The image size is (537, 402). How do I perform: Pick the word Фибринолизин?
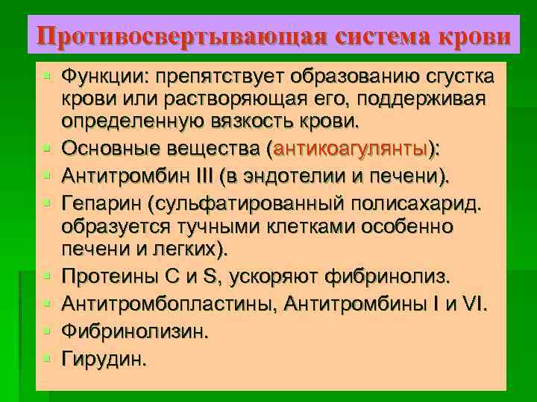coord(132,331)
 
